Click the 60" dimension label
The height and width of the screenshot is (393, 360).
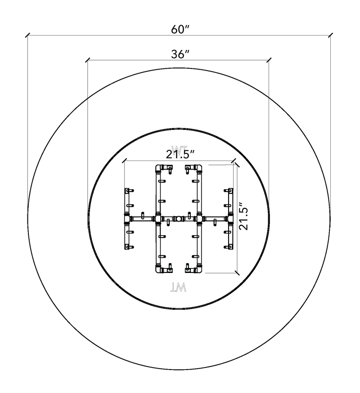coord(180,30)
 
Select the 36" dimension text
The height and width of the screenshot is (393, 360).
coord(180,54)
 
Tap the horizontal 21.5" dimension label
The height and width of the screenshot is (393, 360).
coord(180,154)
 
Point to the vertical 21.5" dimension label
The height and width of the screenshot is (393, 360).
coord(243,215)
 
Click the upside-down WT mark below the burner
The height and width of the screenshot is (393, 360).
coord(178,287)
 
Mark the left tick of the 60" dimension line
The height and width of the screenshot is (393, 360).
coord(27,35)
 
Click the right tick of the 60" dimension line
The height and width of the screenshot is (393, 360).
coord(330,35)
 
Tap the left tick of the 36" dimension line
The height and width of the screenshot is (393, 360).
coord(88,60)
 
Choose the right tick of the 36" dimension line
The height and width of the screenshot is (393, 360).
coord(269,60)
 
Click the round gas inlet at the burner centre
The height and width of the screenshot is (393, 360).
coord(179,219)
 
